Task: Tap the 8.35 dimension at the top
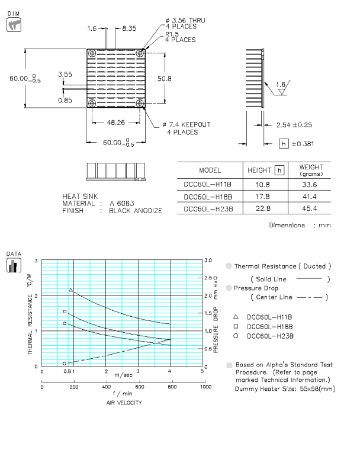click(x=129, y=28)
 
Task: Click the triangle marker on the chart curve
click(x=71, y=290)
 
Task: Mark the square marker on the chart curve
click(x=65, y=311)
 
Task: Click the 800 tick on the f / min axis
click(x=171, y=387)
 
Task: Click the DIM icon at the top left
click(x=13, y=24)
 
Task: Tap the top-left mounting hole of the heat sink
click(x=92, y=53)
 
